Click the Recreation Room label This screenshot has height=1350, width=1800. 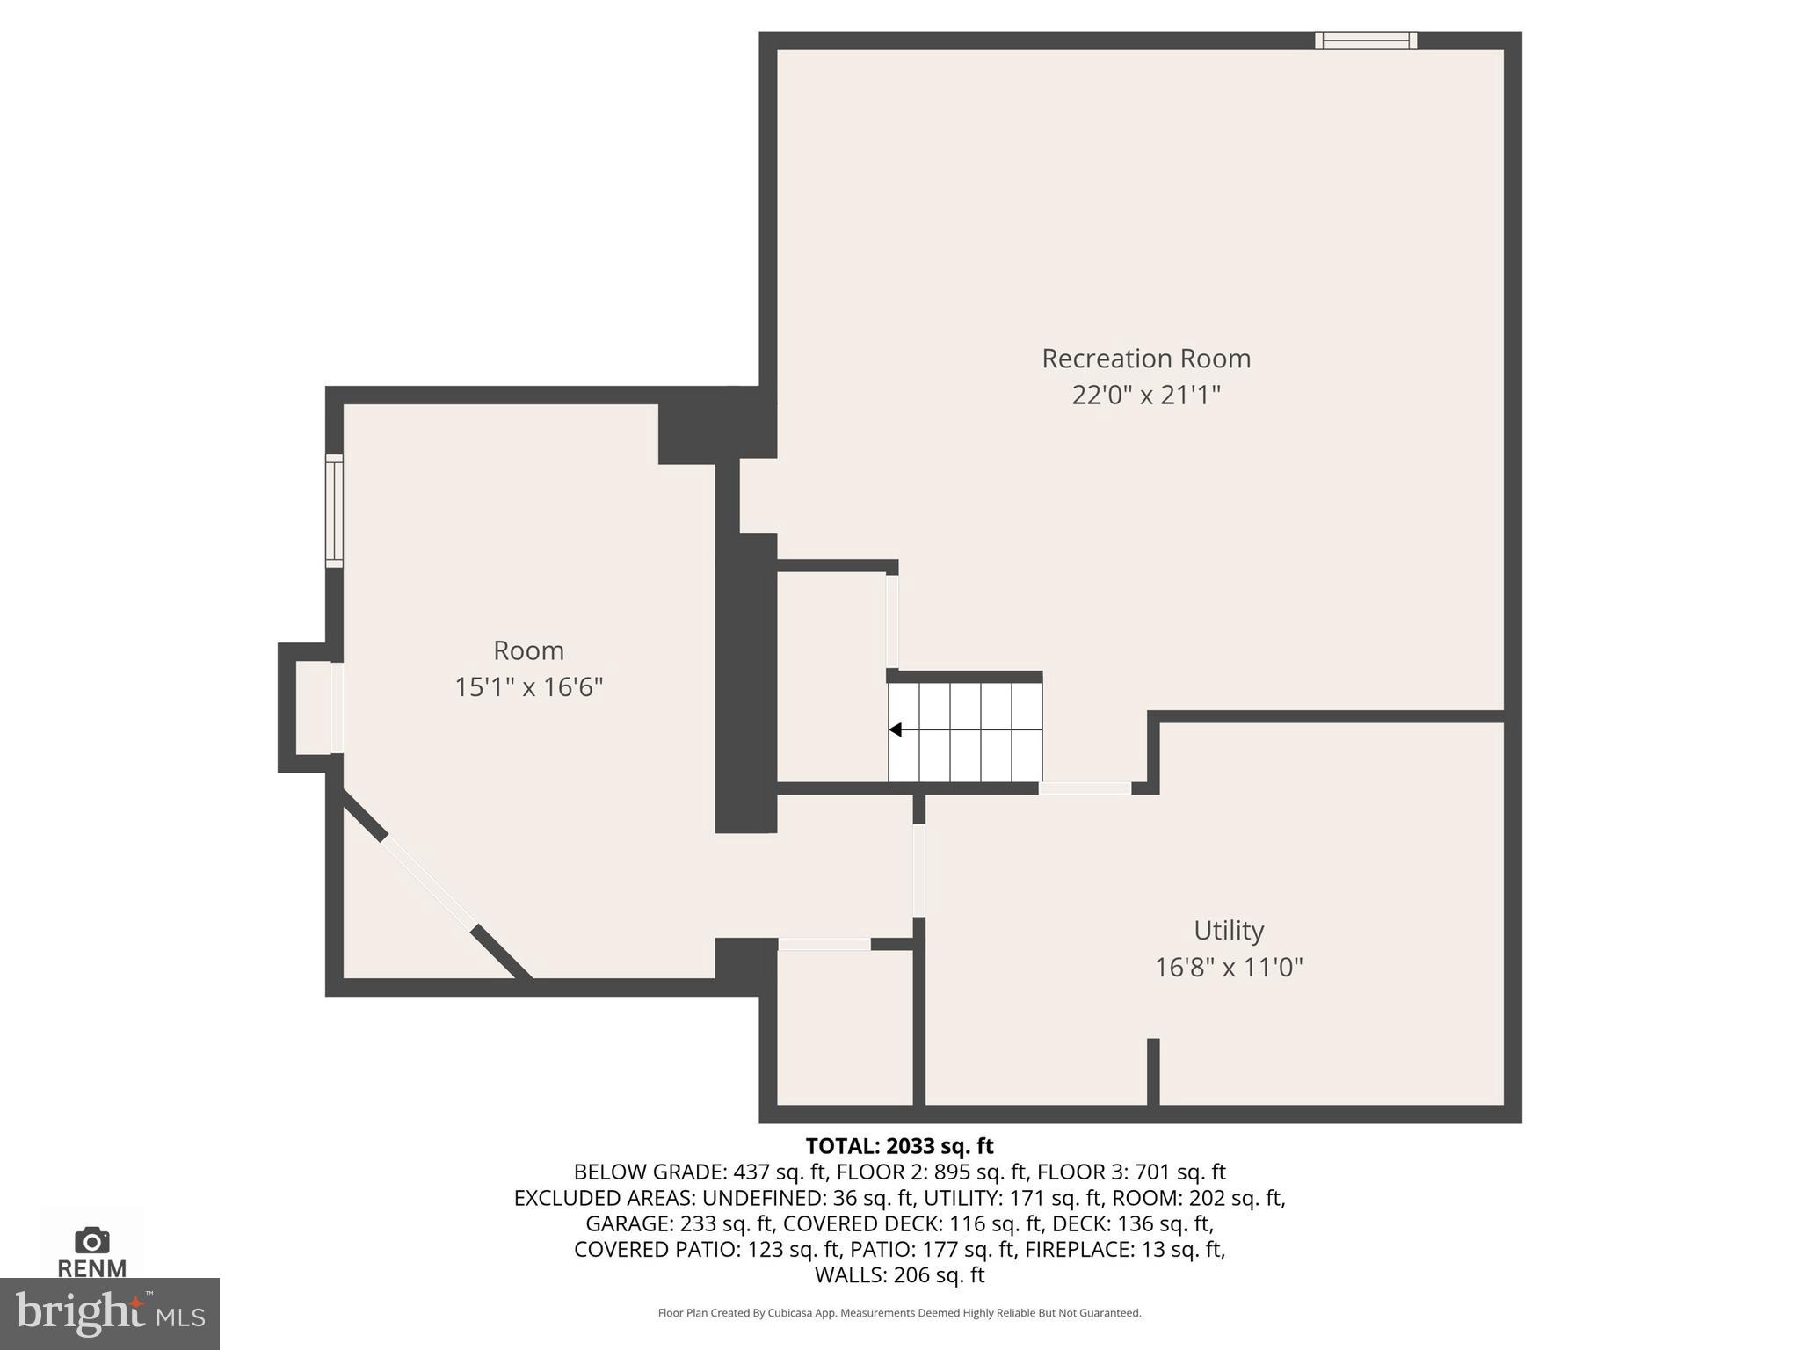point(1145,359)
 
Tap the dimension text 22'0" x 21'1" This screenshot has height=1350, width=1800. point(1145,396)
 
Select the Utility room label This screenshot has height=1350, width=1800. point(1228,930)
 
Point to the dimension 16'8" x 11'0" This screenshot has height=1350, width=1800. point(1228,968)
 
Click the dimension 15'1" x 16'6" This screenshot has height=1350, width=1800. point(528,687)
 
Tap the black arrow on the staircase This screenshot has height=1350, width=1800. point(896,729)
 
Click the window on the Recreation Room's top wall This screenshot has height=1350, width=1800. point(1365,40)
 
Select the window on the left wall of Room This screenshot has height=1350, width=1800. point(334,511)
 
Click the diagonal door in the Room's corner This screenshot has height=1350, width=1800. point(429,882)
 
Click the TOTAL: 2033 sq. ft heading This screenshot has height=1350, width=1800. point(899,1146)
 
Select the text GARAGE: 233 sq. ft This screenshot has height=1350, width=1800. point(679,1223)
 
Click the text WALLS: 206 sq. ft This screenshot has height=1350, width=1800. point(899,1275)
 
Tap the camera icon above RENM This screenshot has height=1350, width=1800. point(92,1241)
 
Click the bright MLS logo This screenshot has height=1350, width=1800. point(109,1314)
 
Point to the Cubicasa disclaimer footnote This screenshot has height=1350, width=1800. point(899,1313)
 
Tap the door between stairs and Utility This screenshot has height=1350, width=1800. point(1085,788)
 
